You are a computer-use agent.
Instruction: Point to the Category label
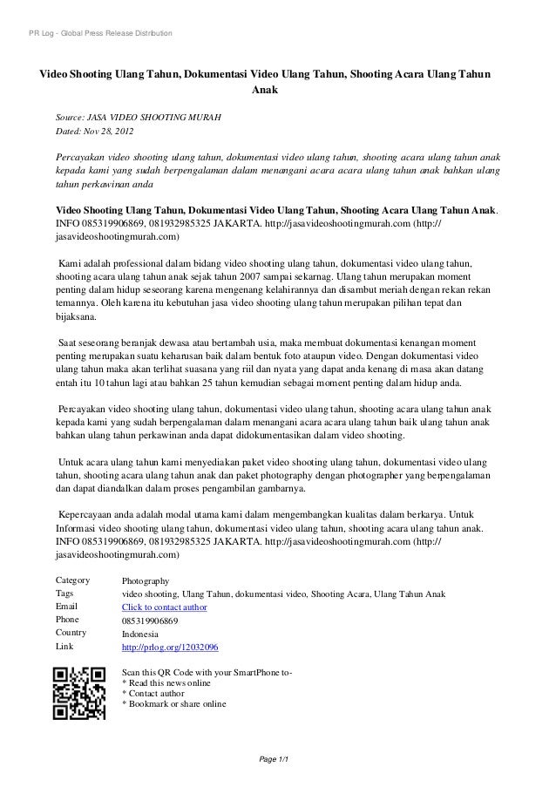73,580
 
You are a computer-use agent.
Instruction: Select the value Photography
146,580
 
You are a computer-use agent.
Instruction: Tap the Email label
67,607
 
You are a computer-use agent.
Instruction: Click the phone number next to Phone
150,621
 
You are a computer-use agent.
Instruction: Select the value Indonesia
142,634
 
